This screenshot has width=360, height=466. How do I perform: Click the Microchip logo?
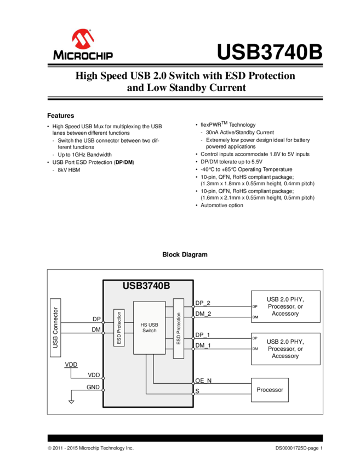pos(83,44)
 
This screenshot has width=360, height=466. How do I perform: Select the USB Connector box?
pos(56,327)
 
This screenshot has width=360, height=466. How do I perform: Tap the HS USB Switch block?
pos(149,327)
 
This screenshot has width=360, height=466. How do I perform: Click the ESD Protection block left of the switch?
pos(119,328)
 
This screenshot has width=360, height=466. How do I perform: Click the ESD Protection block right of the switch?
pos(178,328)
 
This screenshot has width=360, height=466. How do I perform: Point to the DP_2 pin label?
pos(203,303)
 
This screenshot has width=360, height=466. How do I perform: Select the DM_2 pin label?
pos(203,314)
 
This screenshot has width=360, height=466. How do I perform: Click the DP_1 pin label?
pos(203,334)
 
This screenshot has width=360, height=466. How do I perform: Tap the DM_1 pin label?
pos(203,345)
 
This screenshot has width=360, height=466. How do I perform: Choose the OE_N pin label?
pos(203,380)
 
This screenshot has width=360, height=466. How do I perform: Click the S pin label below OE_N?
pos(197,391)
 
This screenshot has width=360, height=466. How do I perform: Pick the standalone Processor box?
pos(270,390)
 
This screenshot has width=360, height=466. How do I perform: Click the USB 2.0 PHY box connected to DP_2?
pos(285,306)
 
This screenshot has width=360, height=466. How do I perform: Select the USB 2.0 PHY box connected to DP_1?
pos(285,349)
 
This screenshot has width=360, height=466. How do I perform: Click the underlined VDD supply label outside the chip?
pos(71,365)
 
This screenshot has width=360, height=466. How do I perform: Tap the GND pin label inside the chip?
pos(93,387)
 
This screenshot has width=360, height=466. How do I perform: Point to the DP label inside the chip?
pos(96,319)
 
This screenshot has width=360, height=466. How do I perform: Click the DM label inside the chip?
pos(96,329)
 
